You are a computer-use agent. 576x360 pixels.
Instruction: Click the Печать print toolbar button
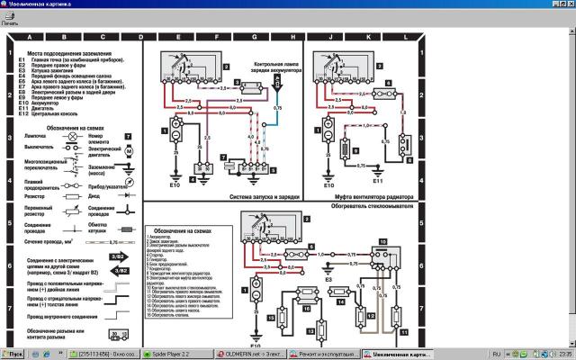tap(10, 19)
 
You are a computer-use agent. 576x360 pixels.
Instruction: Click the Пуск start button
tap(13, 354)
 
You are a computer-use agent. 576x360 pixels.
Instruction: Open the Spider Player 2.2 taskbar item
tap(168, 354)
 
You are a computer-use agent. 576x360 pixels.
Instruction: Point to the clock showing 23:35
tap(563, 354)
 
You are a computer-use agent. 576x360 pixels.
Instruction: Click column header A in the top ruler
tap(29, 37)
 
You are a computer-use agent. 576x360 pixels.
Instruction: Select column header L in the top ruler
tap(407, 37)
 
